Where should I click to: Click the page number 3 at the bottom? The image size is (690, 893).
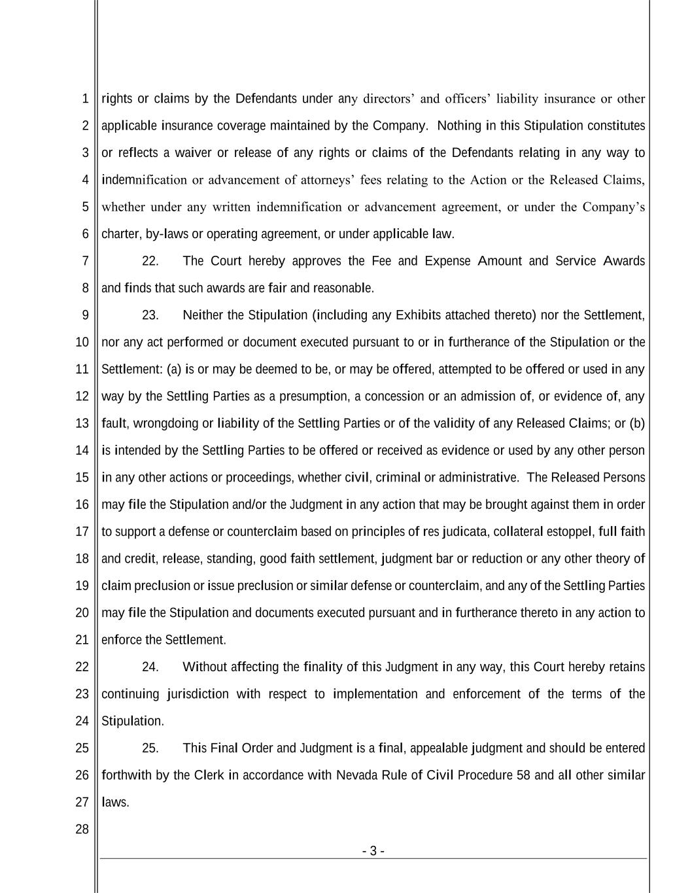373,851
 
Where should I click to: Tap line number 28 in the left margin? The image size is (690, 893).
82,830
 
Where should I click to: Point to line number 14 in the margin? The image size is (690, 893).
82,450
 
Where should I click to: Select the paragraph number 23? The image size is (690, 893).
150,315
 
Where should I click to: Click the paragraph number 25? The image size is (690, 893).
150,748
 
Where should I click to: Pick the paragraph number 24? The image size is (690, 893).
150,667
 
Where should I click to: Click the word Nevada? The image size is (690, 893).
356,775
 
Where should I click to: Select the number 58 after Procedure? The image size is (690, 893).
523,775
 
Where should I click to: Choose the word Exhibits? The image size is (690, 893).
419,315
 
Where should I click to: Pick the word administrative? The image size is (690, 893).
479,478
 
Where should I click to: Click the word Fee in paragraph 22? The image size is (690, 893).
381,261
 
